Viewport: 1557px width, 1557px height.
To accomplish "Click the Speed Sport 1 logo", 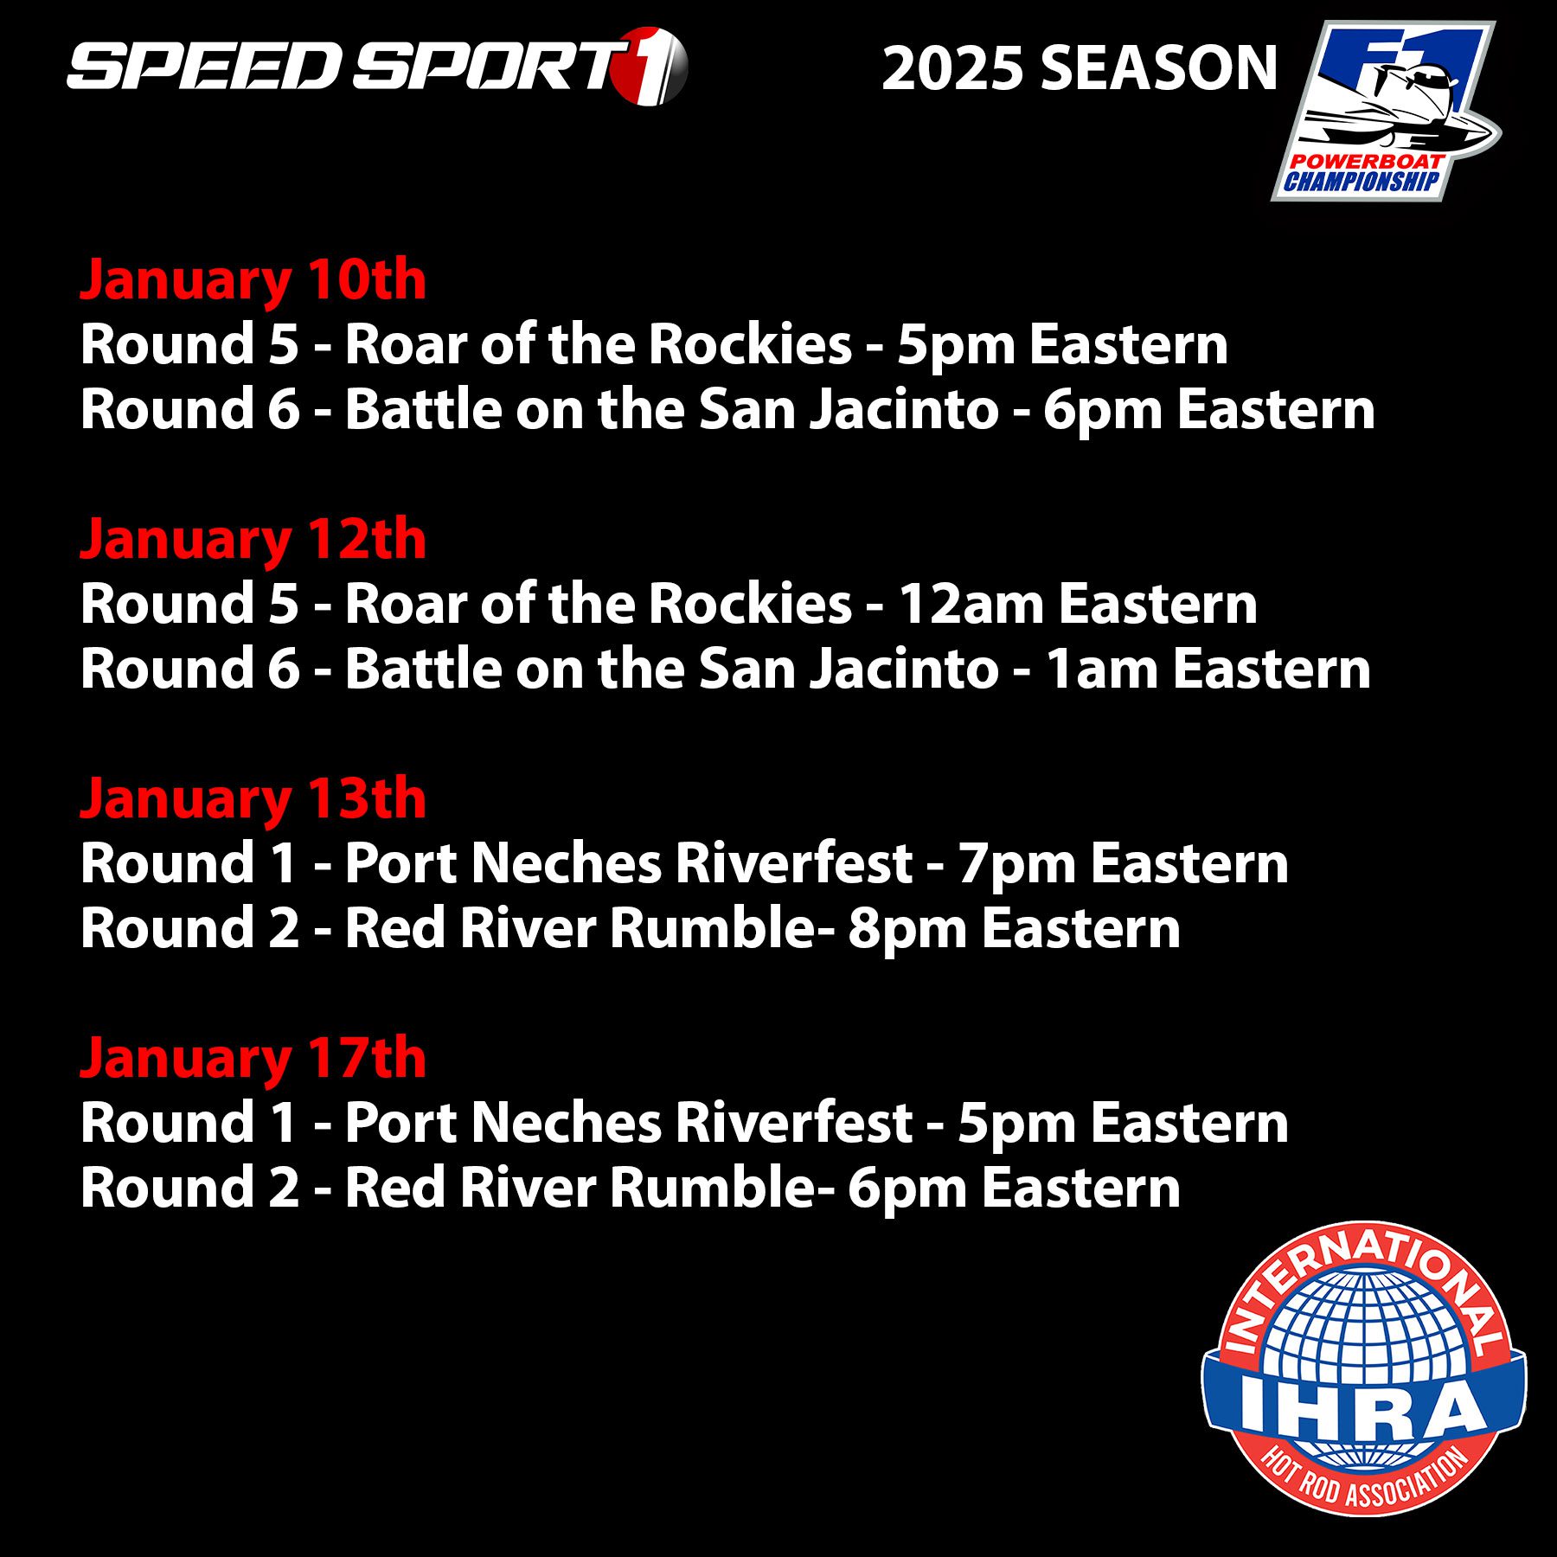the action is [x=377, y=67].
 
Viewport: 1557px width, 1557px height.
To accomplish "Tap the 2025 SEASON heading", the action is [x=1080, y=68].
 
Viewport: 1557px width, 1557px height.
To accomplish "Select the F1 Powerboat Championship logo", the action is [x=1386, y=111].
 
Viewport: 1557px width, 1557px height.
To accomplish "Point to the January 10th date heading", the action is [x=253, y=281].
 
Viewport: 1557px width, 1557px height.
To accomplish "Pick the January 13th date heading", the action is [x=253, y=799].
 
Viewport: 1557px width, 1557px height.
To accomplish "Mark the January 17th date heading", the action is [x=253, y=1059].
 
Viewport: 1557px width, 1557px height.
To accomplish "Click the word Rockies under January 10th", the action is [x=750, y=344].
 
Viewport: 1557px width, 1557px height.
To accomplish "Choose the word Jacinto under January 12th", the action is [x=905, y=669].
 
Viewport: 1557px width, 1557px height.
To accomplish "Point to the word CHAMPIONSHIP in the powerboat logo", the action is [x=1361, y=181].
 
